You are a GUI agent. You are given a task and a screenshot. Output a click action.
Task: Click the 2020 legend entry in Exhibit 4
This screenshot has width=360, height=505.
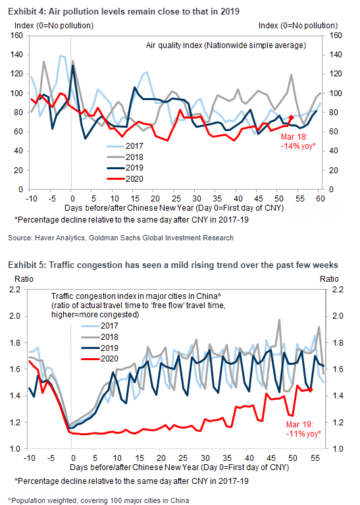click(125, 178)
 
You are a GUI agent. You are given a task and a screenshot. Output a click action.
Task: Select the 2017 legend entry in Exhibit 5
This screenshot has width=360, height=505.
click(100, 326)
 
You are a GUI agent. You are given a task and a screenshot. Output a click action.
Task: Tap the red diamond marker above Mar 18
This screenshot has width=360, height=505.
click(291, 118)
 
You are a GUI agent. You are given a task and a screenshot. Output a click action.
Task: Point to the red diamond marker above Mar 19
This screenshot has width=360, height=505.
click(311, 390)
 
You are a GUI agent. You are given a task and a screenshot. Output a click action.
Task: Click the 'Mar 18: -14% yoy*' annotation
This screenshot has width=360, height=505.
click(298, 142)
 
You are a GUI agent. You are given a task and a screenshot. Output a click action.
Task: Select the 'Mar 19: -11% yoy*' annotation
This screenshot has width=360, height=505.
click(303, 429)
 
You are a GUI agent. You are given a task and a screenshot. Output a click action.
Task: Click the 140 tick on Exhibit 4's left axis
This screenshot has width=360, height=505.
click(16, 55)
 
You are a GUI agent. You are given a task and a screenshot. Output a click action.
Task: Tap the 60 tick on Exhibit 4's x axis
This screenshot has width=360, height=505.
click(320, 198)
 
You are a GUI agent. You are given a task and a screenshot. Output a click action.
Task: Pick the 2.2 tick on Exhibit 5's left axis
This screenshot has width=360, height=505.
click(15, 290)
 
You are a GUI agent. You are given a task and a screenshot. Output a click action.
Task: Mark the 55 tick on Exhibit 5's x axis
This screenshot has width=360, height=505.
click(315, 458)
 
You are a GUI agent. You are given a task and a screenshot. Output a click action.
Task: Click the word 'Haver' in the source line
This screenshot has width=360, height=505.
click(43, 238)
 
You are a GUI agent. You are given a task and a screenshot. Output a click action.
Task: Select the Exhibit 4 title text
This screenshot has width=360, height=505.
click(124, 12)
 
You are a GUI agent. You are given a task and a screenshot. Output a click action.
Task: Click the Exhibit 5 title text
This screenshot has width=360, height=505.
click(173, 265)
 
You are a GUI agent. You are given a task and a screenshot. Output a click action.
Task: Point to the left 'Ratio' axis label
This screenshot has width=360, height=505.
click(24, 279)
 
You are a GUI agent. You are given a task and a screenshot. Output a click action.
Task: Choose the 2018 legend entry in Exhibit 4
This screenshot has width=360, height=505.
click(125, 157)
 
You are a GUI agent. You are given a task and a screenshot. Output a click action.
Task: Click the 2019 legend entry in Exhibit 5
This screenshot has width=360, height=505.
click(100, 348)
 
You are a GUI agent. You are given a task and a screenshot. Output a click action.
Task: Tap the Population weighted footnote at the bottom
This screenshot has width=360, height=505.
click(98, 500)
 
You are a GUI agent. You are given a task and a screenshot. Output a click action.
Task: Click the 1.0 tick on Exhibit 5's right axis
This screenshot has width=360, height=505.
click(338, 449)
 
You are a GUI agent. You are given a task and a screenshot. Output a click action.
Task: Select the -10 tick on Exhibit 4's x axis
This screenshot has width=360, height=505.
click(31, 198)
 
